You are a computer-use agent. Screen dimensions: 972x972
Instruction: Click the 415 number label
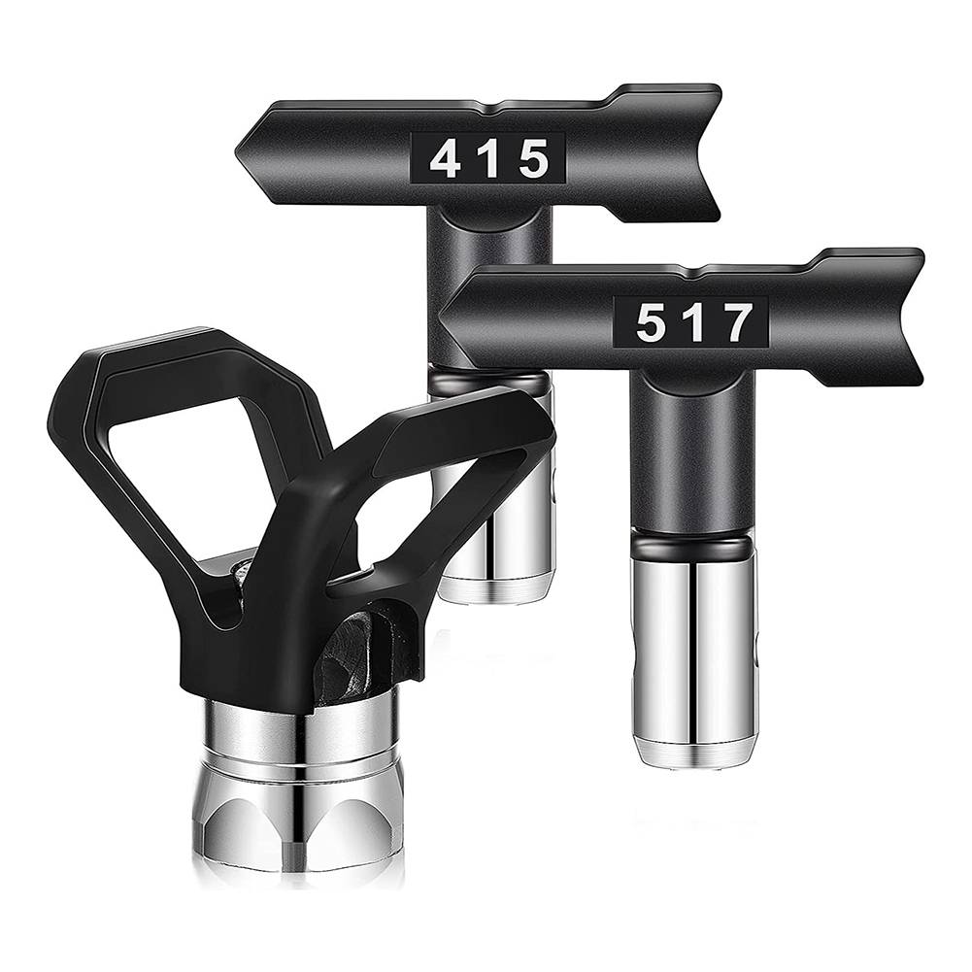488,158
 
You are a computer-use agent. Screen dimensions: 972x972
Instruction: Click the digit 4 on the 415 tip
446,159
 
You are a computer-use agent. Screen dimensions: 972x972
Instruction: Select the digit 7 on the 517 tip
737,322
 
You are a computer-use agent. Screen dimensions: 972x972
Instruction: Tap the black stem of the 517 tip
692,447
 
